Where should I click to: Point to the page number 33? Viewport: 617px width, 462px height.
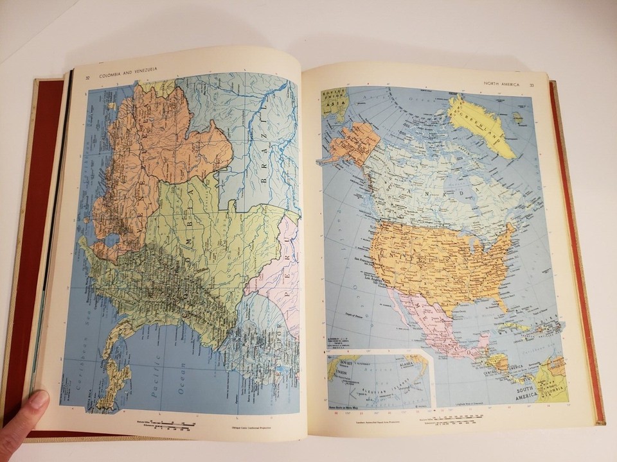pyautogui.click(x=532, y=85)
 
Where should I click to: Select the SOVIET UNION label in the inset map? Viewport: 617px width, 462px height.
pyautogui.click(x=339, y=372)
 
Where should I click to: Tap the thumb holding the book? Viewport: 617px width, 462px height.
pyautogui.click(x=24, y=417)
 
